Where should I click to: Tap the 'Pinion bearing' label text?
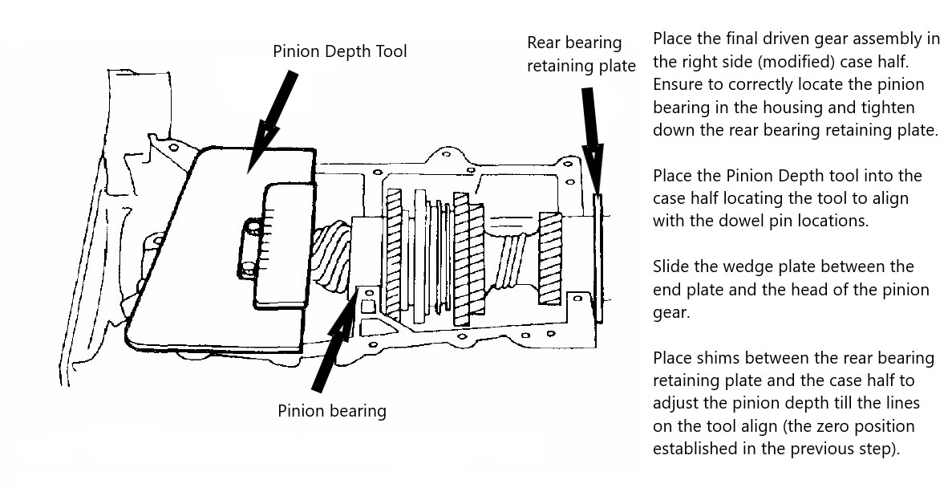click(x=332, y=411)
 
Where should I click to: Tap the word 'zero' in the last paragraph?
click(x=845, y=425)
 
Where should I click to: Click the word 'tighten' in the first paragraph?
click(x=890, y=108)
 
